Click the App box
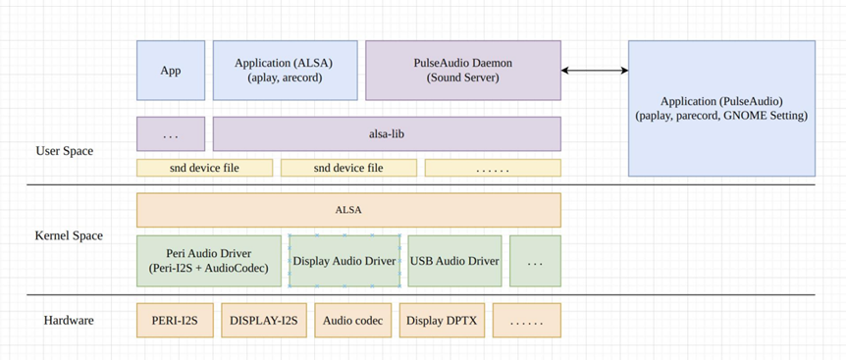[171, 70]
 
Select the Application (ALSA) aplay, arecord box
[285, 70]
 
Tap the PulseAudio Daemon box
[463, 70]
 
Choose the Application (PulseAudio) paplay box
[721, 108]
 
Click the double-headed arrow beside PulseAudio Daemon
[595, 70]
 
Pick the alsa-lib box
[387, 133]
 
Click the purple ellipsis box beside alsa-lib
[171, 133]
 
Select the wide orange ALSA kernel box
[348, 210]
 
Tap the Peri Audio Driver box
[209, 261]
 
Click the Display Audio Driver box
[344, 261]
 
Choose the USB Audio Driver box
[454, 261]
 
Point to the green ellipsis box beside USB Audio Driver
[535, 261]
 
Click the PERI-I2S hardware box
[175, 320]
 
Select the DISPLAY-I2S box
[264, 320]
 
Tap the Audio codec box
[353, 320]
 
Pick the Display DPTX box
[442, 320]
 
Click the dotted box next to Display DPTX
[527, 320]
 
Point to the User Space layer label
[64, 151]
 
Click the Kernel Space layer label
[69, 235]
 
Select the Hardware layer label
[69, 320]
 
